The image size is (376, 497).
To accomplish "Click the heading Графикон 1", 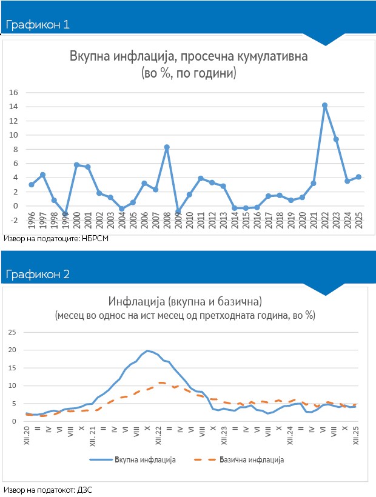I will pyautogui.click(x=38, y=25).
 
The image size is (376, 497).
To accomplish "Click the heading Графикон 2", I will pyautogui.click(x=38, y=274).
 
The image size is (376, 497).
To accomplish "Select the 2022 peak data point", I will pyautogui.click(x=325, y=105).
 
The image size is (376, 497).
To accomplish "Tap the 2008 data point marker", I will pyautogui.click(x=167, y=147).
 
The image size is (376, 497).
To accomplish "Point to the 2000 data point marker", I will pyautogui.click(x=76, y=165).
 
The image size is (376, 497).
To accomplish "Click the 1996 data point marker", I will pyautogui.click(x=31, y=184).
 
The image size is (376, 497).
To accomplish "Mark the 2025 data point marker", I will pyautogui.click(x=359, y=177).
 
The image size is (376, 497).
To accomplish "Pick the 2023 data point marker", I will pyautogui.click(x=336, y=139).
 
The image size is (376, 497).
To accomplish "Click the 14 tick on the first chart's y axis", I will pyautogui.click(x=14, y=107).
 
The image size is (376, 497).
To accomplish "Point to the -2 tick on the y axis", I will pyautogui.click(x=15, y=219).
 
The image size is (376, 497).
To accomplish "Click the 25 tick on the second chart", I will pyautogui.click(x=12, y=332).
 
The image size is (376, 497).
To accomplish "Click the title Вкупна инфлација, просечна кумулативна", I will pyautogui.click(x=189, y=57).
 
